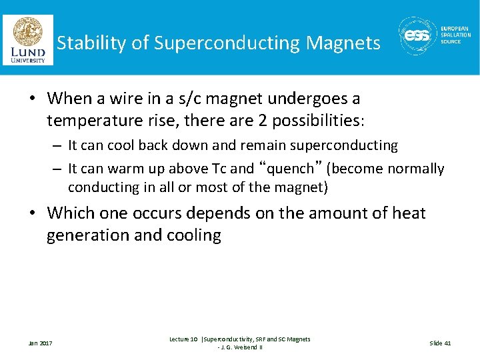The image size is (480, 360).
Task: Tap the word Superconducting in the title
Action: [227, 43]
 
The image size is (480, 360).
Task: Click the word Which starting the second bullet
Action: [69, 213]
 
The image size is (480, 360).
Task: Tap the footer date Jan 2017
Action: [40, 343]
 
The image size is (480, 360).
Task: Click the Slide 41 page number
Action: [440, 343]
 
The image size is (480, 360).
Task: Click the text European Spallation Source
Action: [455, 35]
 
